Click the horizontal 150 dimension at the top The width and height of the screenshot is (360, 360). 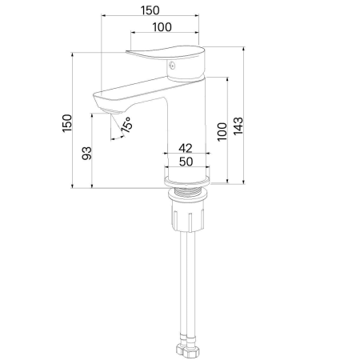tap(150, 10)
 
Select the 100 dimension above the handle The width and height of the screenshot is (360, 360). tap(162, 27)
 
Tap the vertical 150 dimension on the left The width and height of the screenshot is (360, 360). tap(67, 122)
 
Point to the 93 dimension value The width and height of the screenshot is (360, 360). tap(86, 153)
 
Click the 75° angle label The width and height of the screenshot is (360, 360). tap(126, 125)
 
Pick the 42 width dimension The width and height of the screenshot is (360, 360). tap(186, 148)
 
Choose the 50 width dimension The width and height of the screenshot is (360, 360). tap(186, 162)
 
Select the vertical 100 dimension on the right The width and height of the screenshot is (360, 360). tap(222, 132)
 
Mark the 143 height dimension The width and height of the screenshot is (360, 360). tap(238, 126)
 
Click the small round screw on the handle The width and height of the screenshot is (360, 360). tap(172, 65)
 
